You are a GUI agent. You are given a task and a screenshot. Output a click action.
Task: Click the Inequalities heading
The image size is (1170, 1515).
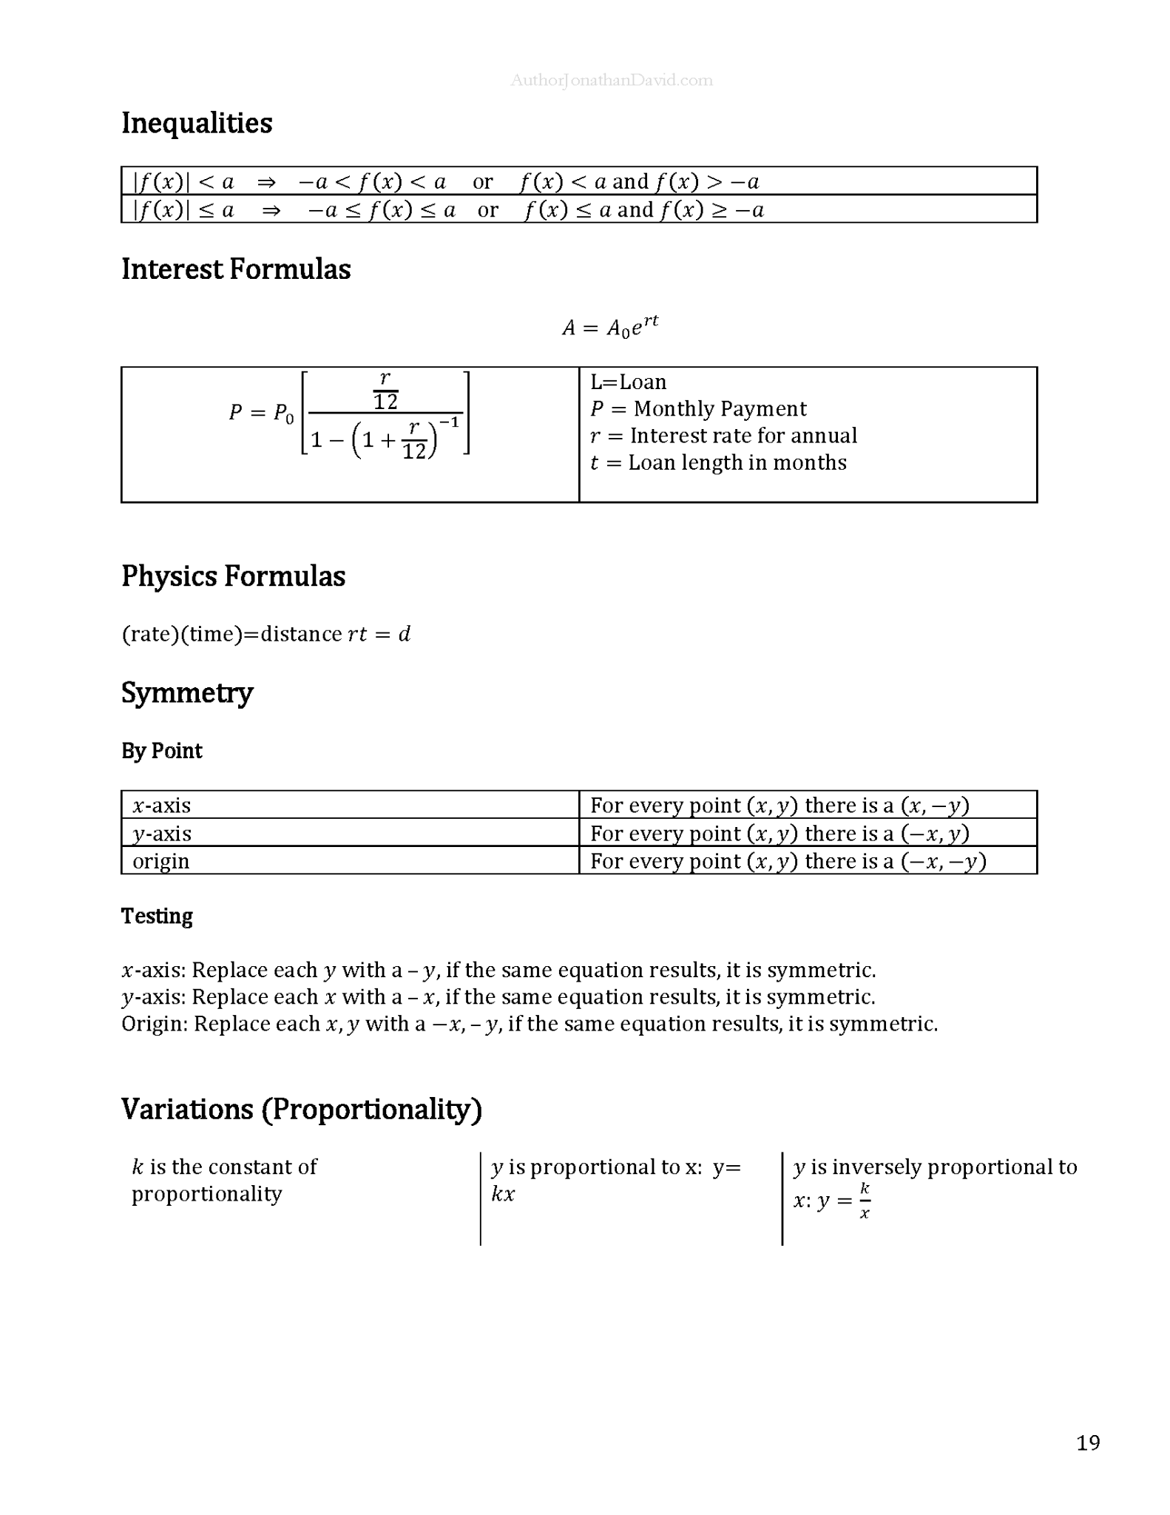click(197, 123)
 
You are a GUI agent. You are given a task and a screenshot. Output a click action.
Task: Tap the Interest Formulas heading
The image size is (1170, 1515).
click(236, 269)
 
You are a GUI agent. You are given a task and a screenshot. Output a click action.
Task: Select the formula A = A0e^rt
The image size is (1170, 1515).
click(610, 326)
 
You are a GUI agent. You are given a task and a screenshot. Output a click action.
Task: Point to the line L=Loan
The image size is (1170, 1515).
click(629, 382)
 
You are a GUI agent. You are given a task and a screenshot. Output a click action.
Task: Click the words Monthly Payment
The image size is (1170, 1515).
click(720, 409)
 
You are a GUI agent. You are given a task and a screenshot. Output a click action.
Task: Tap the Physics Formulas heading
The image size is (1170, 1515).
click(233, 576)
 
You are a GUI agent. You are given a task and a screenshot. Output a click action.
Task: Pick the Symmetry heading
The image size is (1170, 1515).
click(187, 693)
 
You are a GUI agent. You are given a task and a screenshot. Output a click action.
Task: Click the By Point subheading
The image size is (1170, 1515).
click(161, 751)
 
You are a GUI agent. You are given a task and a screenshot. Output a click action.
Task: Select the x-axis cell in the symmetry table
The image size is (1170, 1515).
click(162, 805)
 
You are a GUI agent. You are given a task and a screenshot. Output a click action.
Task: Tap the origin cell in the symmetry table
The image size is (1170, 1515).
click(161, 861)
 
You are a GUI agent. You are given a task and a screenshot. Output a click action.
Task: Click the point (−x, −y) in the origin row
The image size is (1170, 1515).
click(944, 861)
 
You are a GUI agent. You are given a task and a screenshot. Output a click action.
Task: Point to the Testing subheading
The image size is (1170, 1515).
click(157, 917)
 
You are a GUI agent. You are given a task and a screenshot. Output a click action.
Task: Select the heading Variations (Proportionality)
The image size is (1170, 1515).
click(302, 1110)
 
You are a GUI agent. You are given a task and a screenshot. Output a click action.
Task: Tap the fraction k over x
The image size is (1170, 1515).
click(865, 1201)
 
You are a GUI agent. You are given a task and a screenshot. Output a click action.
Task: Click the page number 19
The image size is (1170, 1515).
click(1088, 1443)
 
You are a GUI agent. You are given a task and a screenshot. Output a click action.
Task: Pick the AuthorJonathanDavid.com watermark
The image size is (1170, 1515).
click(612, 81)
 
